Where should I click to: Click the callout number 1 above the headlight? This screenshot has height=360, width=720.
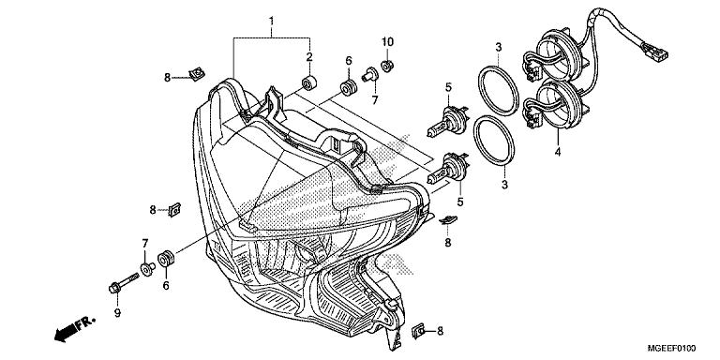point(271,22)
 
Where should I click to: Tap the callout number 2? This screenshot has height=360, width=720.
point(309,57)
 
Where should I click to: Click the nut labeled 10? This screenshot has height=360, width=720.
point(387,66)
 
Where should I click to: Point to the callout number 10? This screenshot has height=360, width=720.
point(387,42)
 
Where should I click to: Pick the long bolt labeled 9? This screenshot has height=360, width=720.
point(124,283)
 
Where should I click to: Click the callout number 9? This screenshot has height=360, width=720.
point(117,313)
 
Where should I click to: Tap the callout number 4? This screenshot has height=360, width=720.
point(558,151)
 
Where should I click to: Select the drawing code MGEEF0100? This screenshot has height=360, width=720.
point(672,349)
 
